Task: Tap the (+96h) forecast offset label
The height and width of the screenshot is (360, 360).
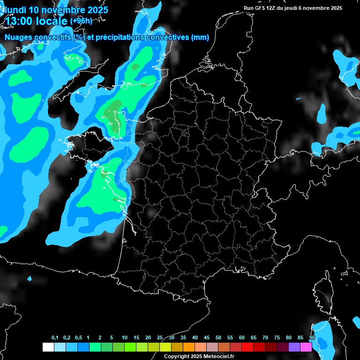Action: [x=81, y=21]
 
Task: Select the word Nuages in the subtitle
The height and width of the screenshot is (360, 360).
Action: [x=18, y=37]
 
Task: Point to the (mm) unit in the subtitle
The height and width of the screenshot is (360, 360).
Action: [x=200, y=37]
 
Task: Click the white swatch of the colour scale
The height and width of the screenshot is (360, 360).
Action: [x=48, y=347]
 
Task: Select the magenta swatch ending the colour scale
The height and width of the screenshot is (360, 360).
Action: [x=306, y=347]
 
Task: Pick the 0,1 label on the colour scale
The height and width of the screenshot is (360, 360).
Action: [x=55, y=338]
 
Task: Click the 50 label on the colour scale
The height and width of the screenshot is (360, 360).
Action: [x=218, y=338]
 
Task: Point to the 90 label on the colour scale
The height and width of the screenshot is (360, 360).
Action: [x=312, y=338]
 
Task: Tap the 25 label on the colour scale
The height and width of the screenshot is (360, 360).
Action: [x=160, y=338]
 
